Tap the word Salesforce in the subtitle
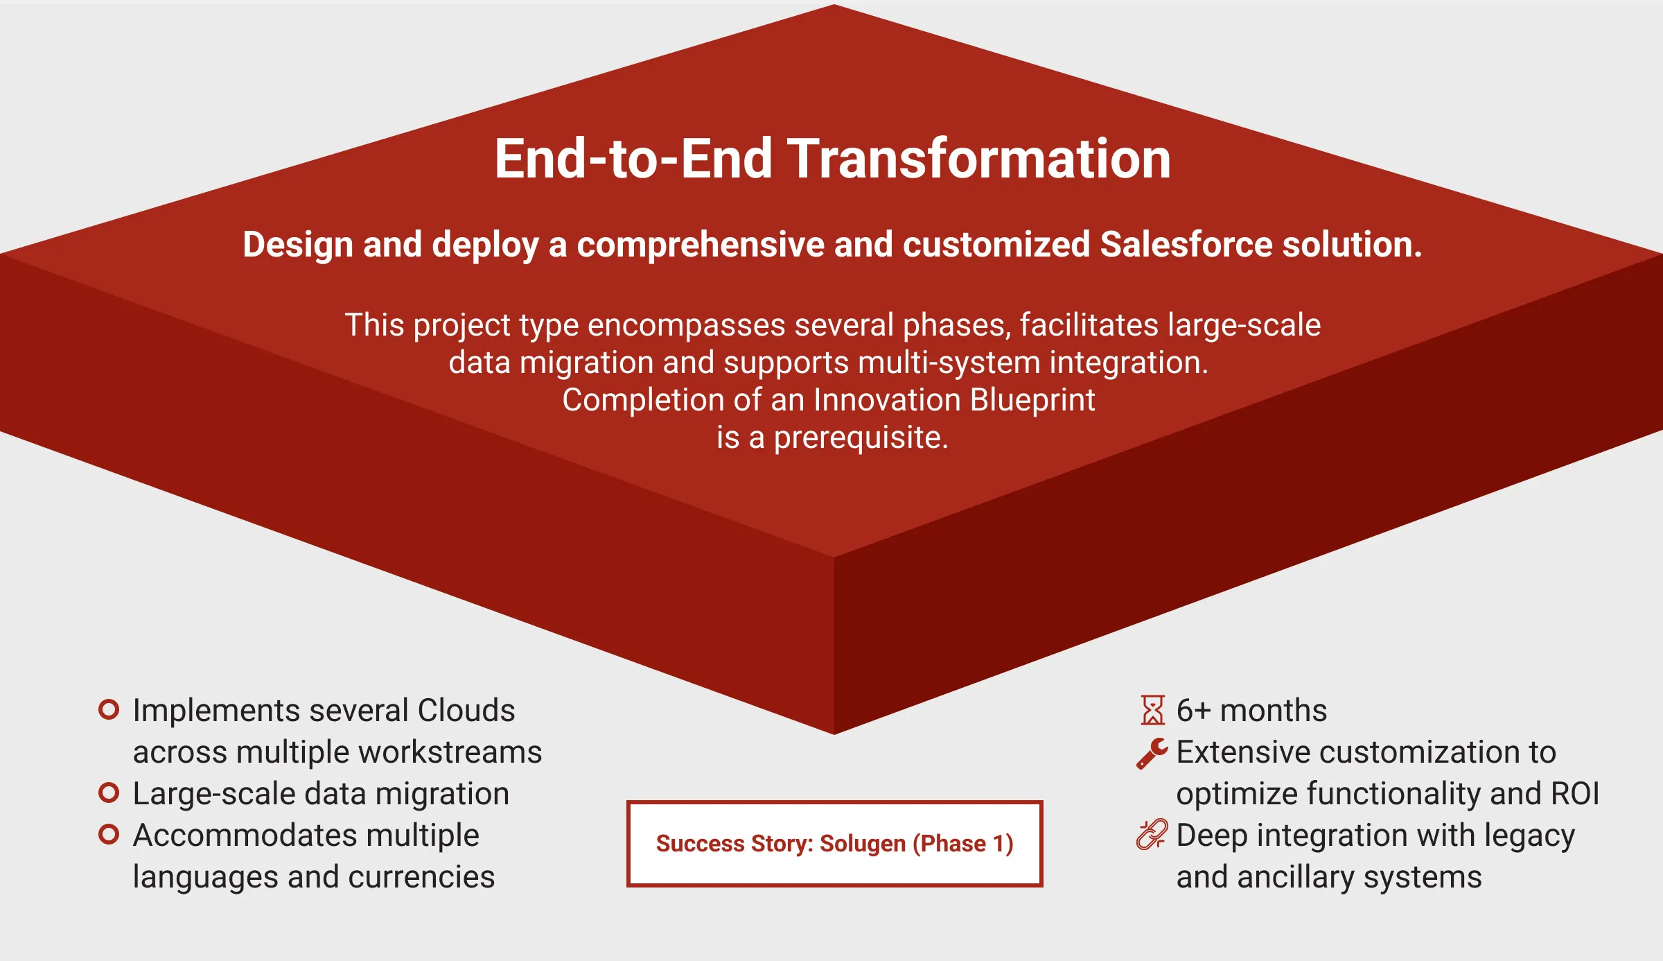pyautogui.click(x=1186, y=245)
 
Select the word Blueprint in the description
pyautogui.click(x=1032, y=400)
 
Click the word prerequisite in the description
pyautogui.click(x=861, y=438)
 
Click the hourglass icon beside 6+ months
pyautogui.click(x=1153, y=710)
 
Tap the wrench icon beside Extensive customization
pyautogui.click(x=1152, y=753)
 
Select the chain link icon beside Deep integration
pyautogui.click(x=1152, y=835)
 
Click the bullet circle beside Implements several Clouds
pyautogui.click(x=109, y=709)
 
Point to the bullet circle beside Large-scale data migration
pyautogui.click(x=109, y=793)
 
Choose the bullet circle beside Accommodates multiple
pyautogui.click(x=109, y=834)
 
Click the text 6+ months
pyautogui.click(x=1251, y=711)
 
